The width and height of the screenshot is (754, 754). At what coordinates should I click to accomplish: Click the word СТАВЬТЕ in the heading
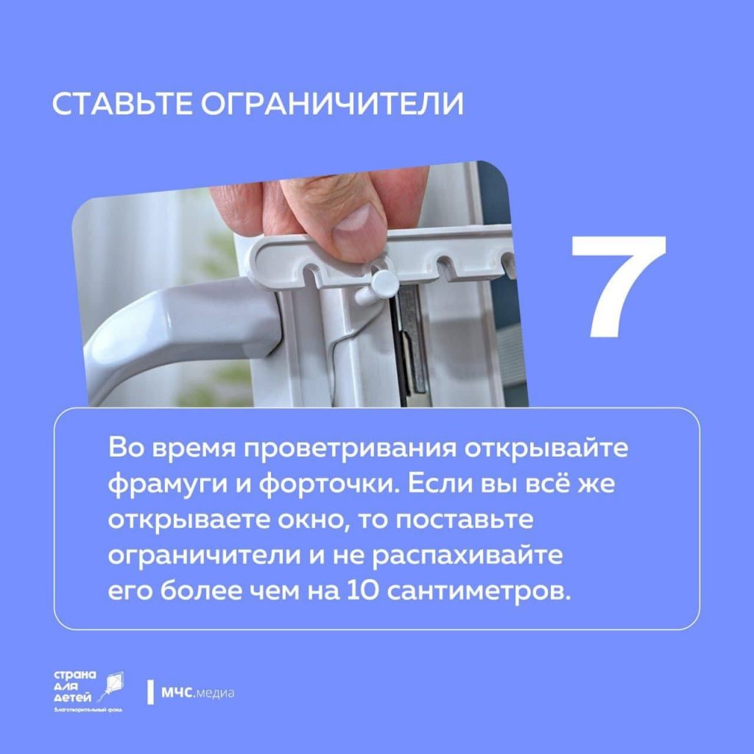(x=122, y=103)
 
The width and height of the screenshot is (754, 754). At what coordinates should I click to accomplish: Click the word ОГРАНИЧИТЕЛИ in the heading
(x=332, y=103)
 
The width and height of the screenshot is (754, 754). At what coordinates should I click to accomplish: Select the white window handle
(x=178, y=332)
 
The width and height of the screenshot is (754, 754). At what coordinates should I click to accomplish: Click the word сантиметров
(x=479, y=592)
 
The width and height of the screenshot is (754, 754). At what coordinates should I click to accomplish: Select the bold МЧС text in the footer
(x=177, y=693)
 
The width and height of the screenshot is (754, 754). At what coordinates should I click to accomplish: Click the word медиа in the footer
(x=215, y=694)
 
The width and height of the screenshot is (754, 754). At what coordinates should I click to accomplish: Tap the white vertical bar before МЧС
(x=150, y=692)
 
